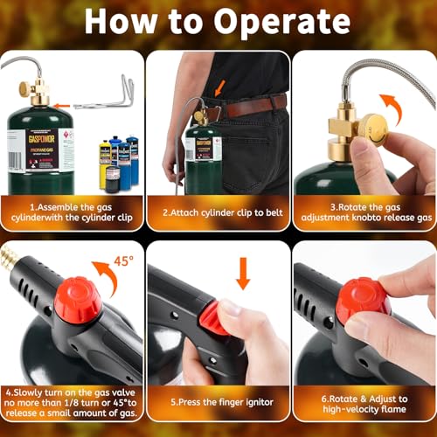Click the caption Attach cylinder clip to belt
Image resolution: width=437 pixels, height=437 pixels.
pos(218,210)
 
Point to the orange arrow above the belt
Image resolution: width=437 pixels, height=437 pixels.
pos(215,87)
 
